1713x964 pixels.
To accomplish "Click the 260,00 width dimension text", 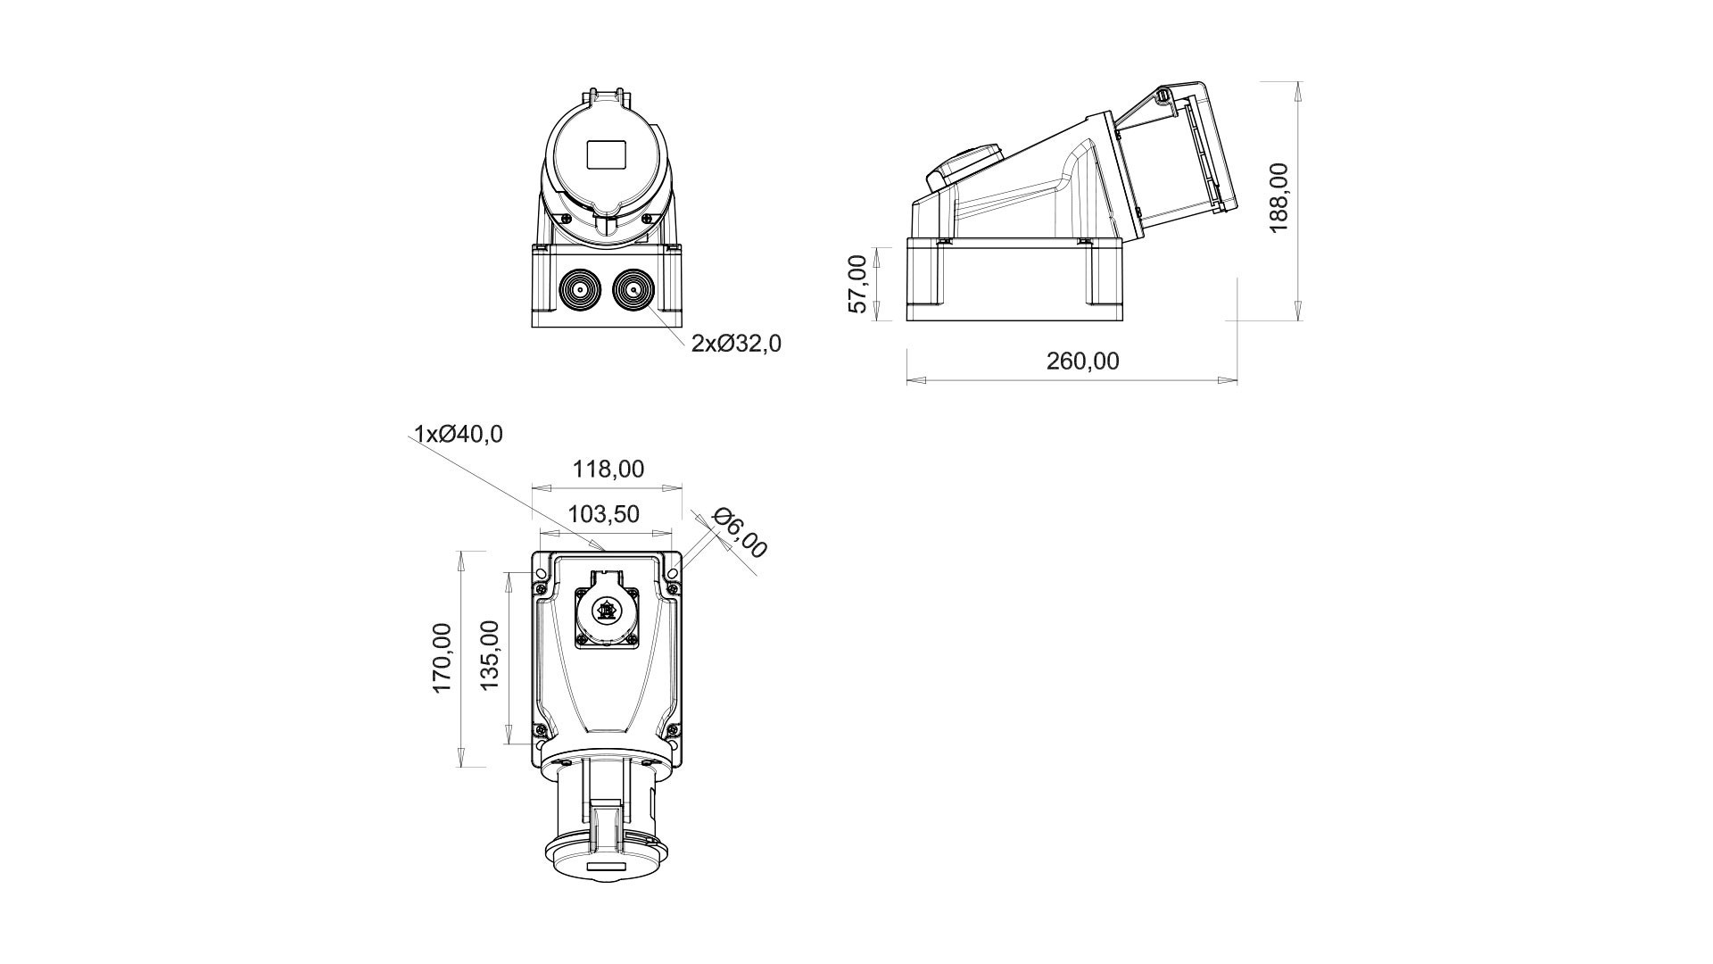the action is (1082, 361).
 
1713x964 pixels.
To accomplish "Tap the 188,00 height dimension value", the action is (1279, 197).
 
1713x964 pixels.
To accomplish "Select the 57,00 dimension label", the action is (857, 284).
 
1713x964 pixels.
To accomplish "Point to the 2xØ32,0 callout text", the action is (736, 343).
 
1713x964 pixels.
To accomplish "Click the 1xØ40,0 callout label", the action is (459, 435).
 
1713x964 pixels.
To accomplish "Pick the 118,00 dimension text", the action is (608, 469).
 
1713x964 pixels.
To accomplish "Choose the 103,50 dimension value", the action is (604, 513).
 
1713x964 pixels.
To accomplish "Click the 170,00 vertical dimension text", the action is (443, 658).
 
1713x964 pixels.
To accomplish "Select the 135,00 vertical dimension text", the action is (491, 656).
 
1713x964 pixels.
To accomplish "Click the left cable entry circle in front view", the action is (579, 290).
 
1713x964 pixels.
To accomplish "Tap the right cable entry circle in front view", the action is (634, 290).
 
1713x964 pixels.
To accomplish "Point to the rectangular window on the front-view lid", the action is (607, 155).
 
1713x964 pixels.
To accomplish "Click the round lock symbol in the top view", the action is (607, 611).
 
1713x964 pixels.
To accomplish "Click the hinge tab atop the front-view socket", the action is (607, 95).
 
